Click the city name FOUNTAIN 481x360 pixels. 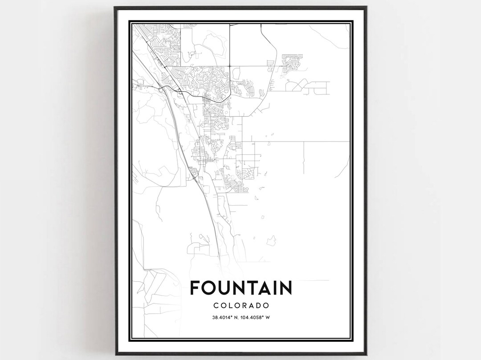tap(241, 287)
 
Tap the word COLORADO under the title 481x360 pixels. tap(241, 306)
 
